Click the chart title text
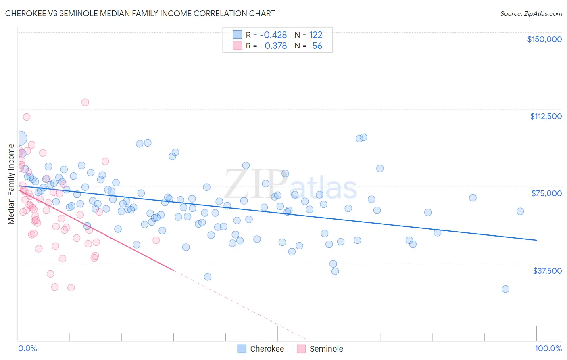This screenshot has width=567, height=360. [x=140, y=13]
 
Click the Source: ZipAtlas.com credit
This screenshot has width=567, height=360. [x=531, y=13]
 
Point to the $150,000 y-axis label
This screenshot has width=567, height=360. [x=544, y=39]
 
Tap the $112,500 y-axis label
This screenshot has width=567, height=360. [x=546, y=116]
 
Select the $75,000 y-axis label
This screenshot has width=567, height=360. [x=546, y=193]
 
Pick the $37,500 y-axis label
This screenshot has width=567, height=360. [x=547, y=271]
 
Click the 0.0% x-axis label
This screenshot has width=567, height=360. [x=27, y=348]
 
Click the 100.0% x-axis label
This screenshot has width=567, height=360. [x=548, y=348]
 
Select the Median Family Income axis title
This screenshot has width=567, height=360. [x=11, y=184]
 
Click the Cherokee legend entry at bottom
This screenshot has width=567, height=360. [x=267, y=349]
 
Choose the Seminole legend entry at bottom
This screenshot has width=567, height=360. [x=326, y=349]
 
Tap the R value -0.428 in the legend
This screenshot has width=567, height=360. [x=273, y=35]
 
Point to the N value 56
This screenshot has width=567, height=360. [x=317, y=46]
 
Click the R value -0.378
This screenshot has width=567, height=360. [x=273, y=46]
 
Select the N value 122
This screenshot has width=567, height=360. [x=316, y=35]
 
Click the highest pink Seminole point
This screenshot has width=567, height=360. [x=85, y=102]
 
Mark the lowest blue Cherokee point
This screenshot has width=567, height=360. [x=505, y=289]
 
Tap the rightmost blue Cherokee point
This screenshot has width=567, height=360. [x=520, y=211]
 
